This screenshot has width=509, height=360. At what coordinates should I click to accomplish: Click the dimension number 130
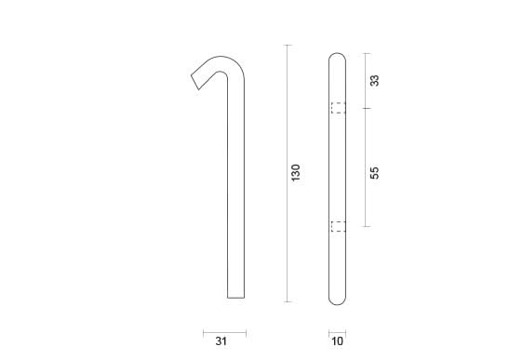tap(296, 173)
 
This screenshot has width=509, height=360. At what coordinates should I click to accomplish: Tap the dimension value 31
tap(221, 341)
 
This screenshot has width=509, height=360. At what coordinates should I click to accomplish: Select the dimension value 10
tap(337, 341)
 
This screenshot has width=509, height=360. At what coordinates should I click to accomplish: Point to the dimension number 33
tap(374, 81)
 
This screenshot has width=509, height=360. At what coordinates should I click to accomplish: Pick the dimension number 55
tap(374, 173)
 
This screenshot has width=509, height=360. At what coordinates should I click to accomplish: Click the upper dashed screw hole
tap(339, 108)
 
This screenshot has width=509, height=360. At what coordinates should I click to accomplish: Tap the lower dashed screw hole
tap(339, 226)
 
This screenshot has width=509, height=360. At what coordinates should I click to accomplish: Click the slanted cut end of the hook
tap(195, 83)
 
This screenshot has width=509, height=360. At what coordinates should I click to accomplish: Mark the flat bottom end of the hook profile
tap(236, 298)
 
